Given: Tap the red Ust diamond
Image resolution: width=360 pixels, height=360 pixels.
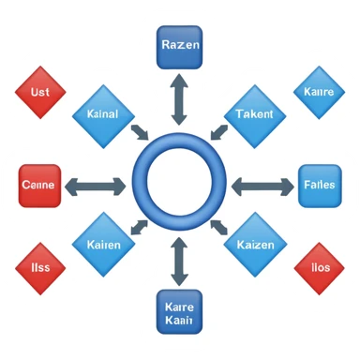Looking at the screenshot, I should click(39, 92).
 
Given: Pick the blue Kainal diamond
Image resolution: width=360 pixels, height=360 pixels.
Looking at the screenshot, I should click(102, 114).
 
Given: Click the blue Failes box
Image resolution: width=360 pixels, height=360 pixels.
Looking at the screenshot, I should click(320, 185).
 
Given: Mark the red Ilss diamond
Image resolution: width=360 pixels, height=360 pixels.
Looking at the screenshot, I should click(40, 267).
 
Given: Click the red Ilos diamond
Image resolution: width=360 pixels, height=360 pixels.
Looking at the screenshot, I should click(319, 269).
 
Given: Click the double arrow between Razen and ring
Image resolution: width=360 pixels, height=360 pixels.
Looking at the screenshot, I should click(179, 98).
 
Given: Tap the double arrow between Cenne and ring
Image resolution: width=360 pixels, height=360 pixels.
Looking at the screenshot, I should click(95, 186).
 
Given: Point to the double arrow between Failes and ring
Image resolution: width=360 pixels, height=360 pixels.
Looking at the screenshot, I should click(263, 186).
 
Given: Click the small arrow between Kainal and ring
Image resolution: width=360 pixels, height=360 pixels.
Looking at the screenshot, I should click(139, 131).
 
